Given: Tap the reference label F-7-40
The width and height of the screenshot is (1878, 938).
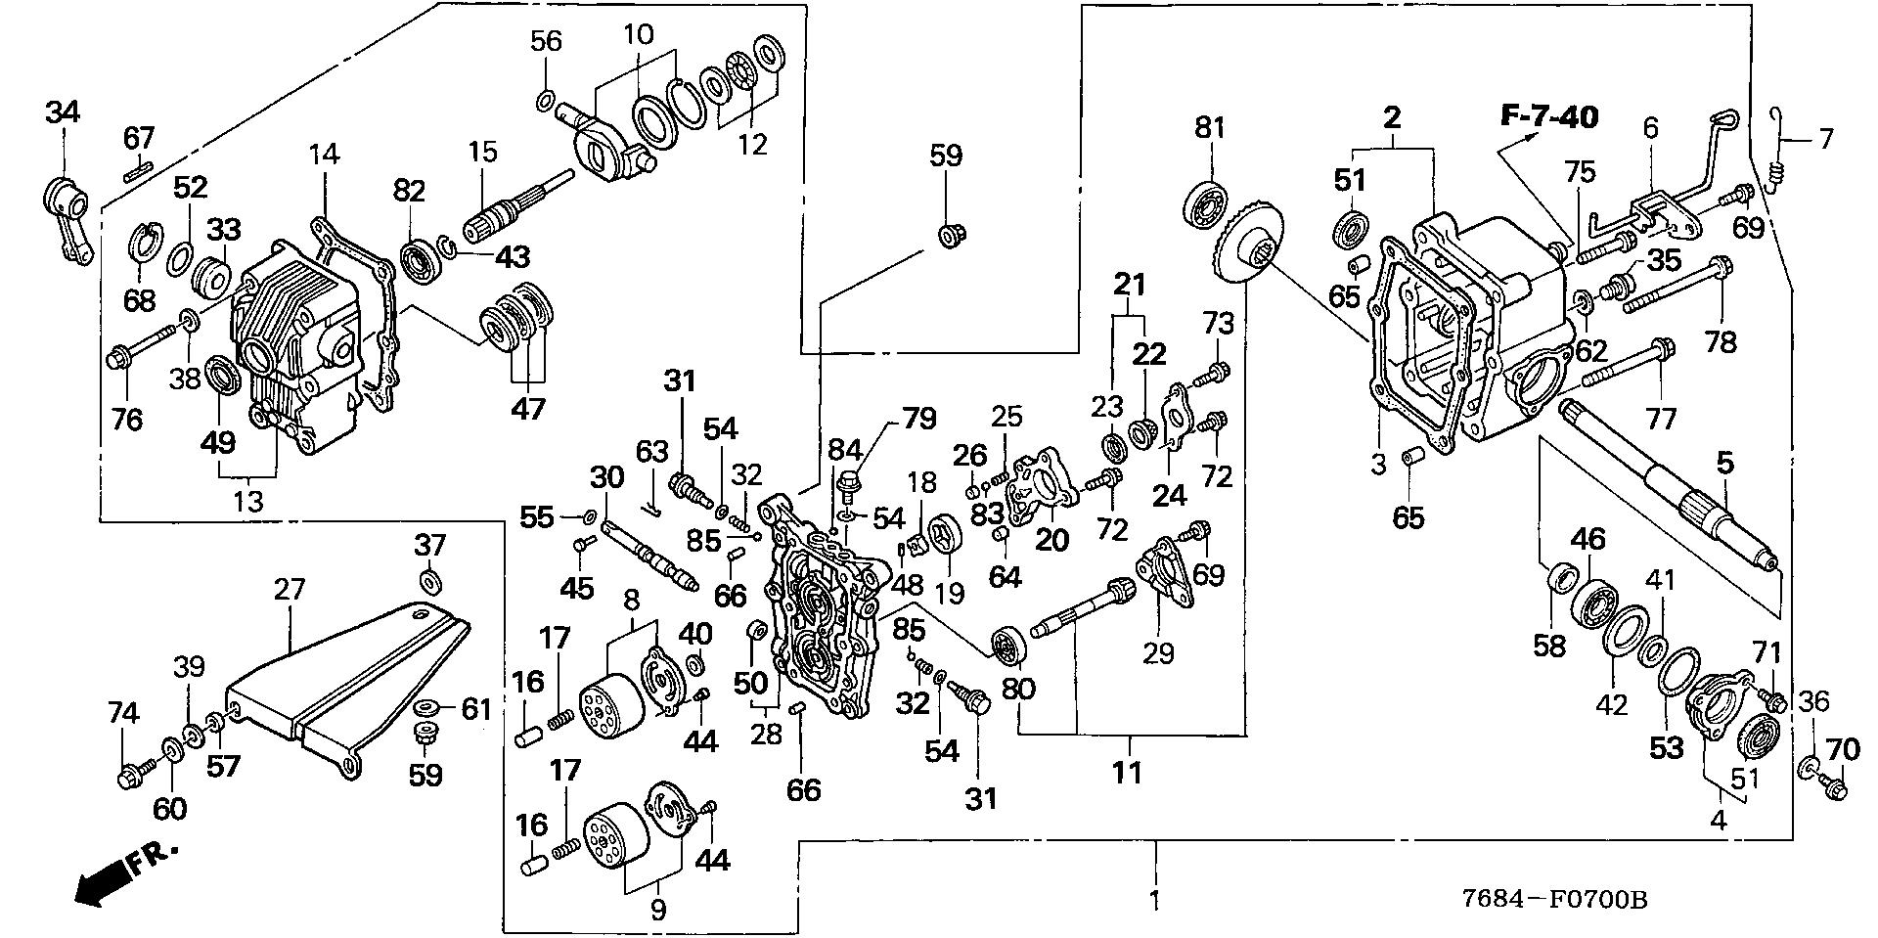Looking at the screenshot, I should point(1550,118).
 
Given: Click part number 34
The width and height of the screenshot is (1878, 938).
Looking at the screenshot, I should point(62,113).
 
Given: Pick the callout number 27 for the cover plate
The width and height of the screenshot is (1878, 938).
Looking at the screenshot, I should point(290,590).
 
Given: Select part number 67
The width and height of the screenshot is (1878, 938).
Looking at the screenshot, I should point(139,139).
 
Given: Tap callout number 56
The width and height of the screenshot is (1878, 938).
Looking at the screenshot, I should point(546,41).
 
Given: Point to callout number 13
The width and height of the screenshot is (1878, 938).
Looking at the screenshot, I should point(248,502).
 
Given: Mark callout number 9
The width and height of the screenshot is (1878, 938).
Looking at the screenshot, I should point(657,911).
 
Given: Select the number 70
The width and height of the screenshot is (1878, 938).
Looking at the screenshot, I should point(1842,750).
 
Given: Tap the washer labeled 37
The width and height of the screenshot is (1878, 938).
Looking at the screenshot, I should point(428,583).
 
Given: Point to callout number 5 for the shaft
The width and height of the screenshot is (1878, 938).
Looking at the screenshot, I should point(1724,463).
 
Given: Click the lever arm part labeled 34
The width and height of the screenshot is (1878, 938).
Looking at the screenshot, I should point(67,209).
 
